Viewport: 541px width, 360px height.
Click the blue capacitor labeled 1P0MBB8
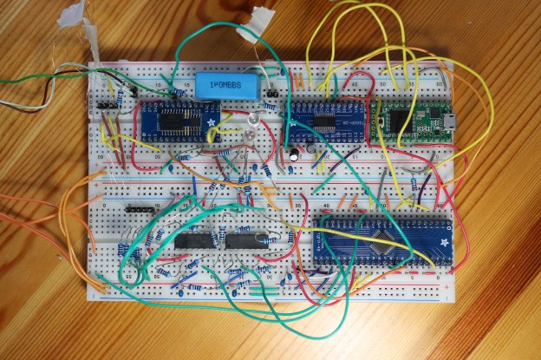(x=228, y=85)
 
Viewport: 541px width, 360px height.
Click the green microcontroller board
(x=414, y=121)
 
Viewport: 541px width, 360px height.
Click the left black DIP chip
(x=196, y=240)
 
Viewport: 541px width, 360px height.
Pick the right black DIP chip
(x=246, y=240)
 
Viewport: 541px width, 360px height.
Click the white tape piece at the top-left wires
(x=87, y=35)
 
